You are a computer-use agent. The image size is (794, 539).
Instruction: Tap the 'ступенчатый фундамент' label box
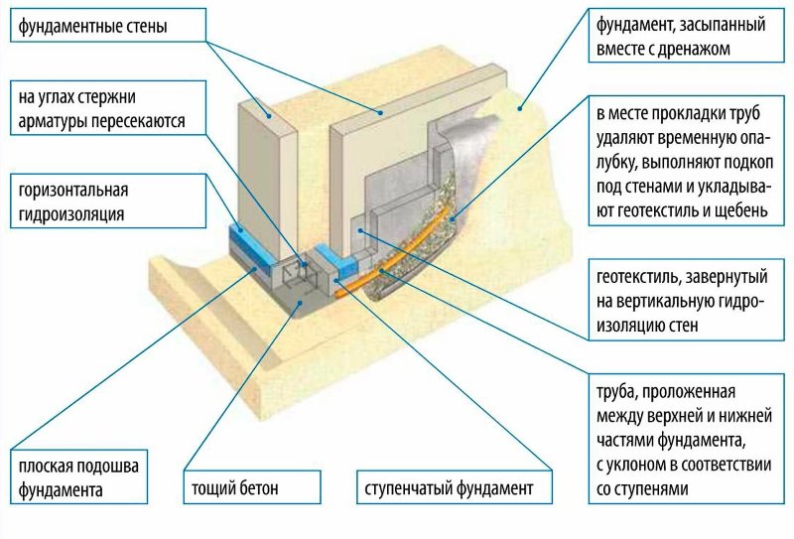450,488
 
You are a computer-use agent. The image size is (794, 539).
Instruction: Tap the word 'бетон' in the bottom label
261,488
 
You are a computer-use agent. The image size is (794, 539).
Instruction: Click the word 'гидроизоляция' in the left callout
70,211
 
